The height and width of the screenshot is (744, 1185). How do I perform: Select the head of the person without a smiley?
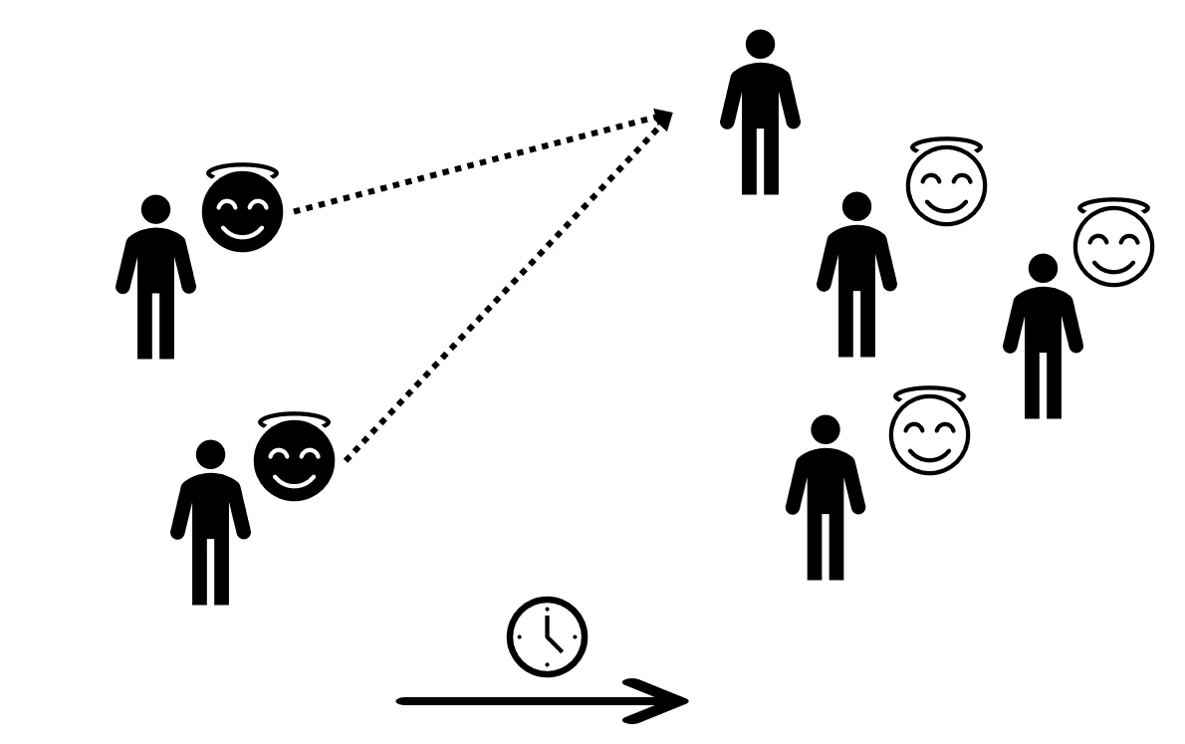[x=760, y=44]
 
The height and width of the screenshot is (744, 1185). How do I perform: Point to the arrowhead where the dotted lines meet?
[x=662, y=121]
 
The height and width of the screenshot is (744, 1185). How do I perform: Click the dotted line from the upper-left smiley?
[x=478, y=165]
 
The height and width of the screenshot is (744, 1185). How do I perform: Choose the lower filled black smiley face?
[x=294, y=461]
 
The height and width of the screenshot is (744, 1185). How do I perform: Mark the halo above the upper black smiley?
[x=242, y=171]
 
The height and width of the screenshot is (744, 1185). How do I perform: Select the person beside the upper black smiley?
[x=155, y=279]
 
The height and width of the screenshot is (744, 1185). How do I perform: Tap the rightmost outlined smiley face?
[x=1114, y=246]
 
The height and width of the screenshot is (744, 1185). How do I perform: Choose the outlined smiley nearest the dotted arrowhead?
[x=946, y=185]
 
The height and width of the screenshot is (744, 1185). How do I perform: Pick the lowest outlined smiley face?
[x=929, y=434]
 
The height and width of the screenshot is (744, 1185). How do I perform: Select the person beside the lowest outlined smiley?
[x=825, y=498]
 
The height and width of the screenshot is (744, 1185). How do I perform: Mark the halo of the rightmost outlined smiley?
[x=1113, y=206]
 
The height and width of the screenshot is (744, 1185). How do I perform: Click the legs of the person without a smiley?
[x=760, y=159]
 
